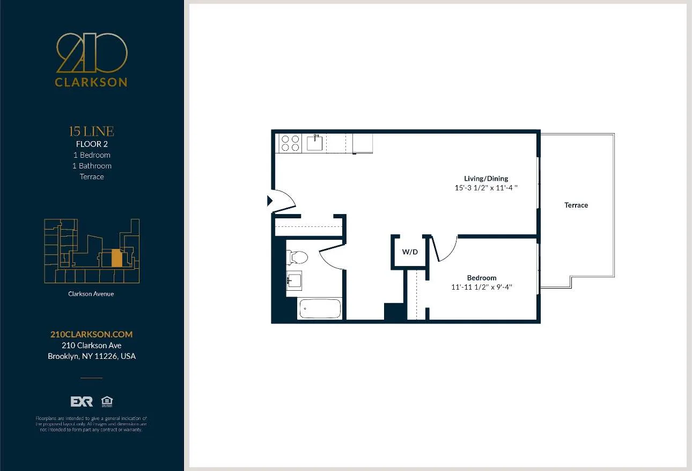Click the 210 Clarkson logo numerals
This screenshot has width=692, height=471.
[x=92, y=53]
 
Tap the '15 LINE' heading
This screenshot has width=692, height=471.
[x=92, y=131]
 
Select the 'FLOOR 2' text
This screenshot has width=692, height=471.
[x=92, y=144]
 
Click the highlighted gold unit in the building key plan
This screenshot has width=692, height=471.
[x=116, y=258]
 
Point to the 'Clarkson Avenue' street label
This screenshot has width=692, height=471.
[x=91, y=294]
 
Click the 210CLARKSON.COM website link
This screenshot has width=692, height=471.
[x=91, y=334]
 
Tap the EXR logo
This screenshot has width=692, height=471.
[x=82, y=402]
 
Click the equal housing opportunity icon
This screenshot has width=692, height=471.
[x=107, y=402]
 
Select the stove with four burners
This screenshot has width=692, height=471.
[x=290, y=143]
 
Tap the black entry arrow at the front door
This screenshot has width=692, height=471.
[x=270, y=201]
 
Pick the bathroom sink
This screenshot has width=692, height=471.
[x=294, y=280]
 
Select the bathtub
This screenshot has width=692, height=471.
[x=320, y=308]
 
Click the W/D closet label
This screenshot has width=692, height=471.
[x=410, y=252]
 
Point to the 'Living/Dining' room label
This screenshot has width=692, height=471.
[x=486, y=179]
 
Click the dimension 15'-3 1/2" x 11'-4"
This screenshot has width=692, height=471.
[x=486, y=188]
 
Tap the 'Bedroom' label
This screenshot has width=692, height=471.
[x=482, y=278]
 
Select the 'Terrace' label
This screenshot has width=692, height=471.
[x=576, y=205]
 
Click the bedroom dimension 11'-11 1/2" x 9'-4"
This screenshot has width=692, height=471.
[x=482, y=287]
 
